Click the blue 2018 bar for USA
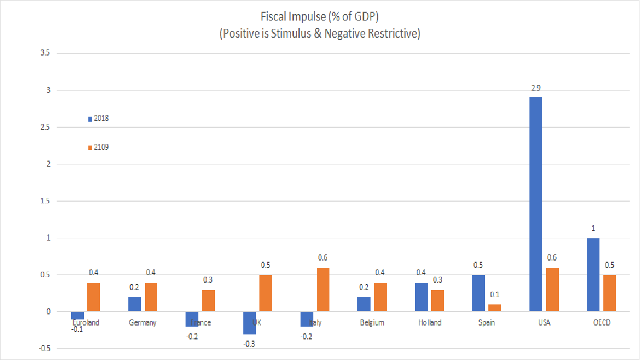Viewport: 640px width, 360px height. point(536,204)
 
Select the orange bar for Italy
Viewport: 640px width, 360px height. point(323,289)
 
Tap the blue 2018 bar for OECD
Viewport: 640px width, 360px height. point(593,275)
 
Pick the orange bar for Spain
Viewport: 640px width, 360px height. point(494,308)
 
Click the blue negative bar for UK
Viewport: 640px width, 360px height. point(250,323)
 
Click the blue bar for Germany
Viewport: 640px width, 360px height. point(134,304)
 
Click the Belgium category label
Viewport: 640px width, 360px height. point(372,323)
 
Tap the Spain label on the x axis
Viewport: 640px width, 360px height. point(487,323)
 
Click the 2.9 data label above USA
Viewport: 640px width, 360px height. point(536,88)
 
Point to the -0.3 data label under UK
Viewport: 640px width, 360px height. point(250,343)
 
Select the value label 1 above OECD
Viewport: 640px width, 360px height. point(593,228)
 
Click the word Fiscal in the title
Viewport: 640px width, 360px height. point(272,17)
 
